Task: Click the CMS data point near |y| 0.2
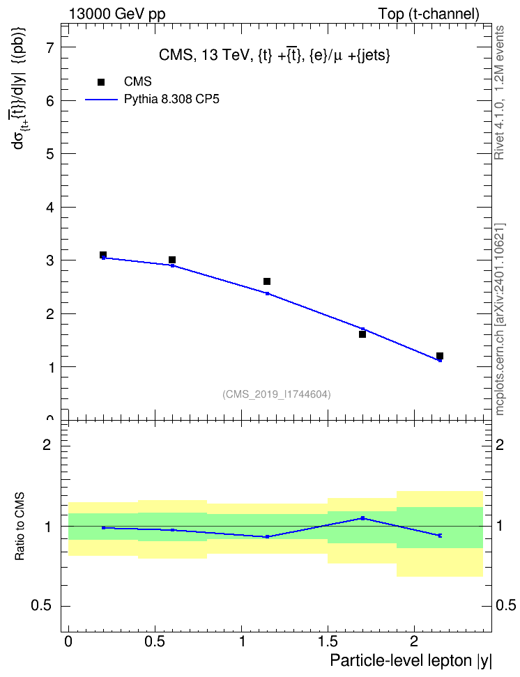(103, 255)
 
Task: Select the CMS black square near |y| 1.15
(267, 281)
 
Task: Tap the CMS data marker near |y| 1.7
(362, 334)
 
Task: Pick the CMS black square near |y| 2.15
(440, 356)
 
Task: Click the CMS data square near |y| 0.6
(172, 260)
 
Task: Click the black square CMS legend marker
(101, 82)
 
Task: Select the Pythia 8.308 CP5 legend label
(171, 100)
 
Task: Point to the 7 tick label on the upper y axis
(50, 47)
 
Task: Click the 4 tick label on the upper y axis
(50, 208)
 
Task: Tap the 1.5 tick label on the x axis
(328, 641)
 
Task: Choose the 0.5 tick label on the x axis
(154, 641)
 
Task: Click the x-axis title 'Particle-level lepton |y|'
(411, 661)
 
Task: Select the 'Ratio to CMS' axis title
(20, 527)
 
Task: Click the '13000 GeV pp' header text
(116, 14)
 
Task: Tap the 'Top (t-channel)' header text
(429, 14)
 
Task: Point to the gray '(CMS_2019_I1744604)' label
(277, 394)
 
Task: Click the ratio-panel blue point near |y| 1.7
(362, 518)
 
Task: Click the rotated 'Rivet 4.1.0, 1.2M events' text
(499, 93)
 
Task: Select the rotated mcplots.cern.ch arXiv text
(499, 319)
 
